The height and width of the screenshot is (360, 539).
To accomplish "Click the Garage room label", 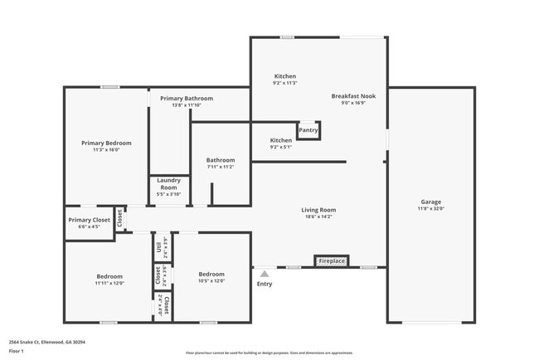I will coord(430,202).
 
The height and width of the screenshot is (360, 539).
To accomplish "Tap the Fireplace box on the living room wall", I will coord(332,261).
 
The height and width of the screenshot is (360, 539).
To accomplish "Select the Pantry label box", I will coord(308,130).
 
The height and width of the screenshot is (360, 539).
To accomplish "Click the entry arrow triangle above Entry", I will coord(265,272).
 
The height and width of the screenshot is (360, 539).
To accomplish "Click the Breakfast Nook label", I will coord(353,96).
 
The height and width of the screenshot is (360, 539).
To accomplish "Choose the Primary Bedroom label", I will coord(106,143).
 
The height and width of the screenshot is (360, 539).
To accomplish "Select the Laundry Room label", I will coord(168,184).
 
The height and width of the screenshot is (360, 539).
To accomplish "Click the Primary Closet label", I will coord(89,220).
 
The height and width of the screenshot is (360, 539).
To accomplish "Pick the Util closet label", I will coord(157,246).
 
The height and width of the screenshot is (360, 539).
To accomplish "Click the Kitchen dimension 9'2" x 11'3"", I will coord(284,83).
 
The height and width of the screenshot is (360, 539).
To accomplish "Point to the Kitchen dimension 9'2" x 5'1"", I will coord(281,147).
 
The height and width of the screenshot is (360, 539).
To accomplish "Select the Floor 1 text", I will coord(17,351).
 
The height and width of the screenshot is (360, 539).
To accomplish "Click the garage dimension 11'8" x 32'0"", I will coord(430,208).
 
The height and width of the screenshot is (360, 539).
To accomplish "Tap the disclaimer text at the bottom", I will coord(269,353).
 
